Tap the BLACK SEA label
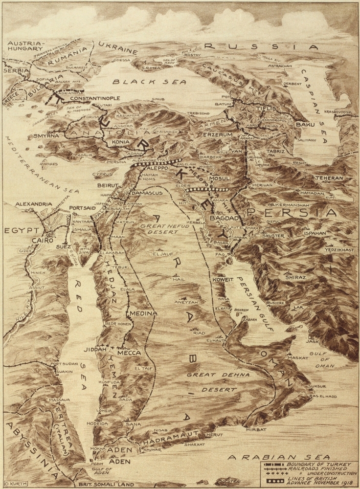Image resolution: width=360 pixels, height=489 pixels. pyautogui.click(x=150, y=82)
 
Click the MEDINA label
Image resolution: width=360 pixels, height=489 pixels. pyautogui.click(x=142, y=313)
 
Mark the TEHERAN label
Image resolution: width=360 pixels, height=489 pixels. pyautogui.click(x=329, y=178)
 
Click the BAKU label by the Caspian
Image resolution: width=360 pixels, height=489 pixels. pyautogui.click(x=304, y=125)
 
